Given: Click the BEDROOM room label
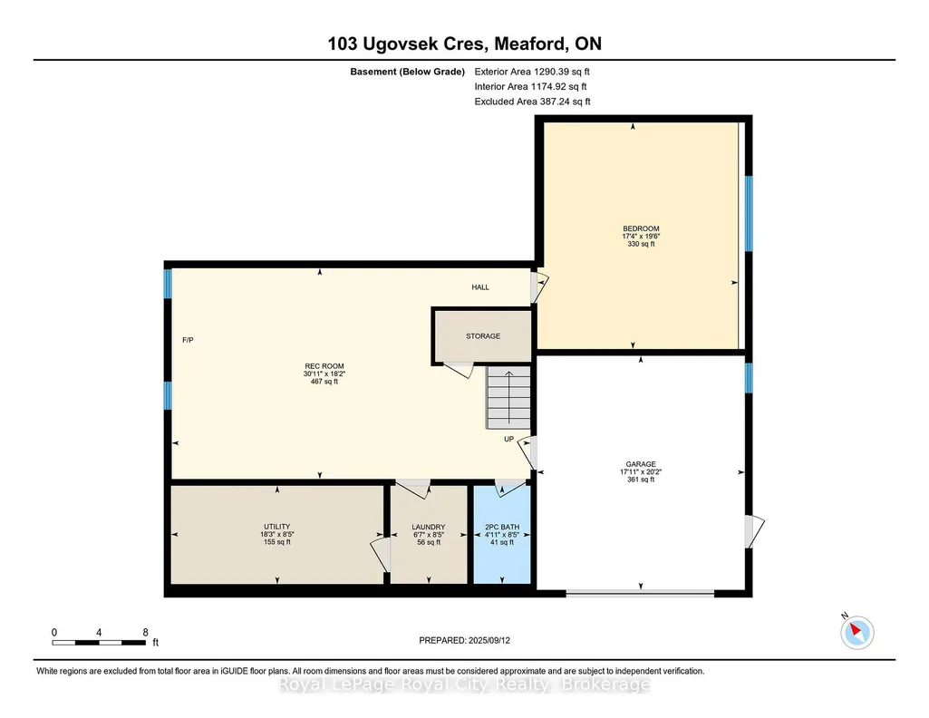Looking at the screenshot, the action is point(641,228).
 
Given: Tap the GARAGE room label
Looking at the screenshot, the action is point(641,464).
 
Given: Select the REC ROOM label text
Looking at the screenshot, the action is point(324,366).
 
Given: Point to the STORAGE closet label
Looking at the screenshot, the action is point(483,336).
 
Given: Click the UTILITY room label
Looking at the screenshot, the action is point(276,527).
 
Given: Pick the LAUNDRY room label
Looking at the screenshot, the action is point(429,527).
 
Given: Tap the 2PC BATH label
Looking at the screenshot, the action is point(502,527).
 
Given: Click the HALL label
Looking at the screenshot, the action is point(480,287).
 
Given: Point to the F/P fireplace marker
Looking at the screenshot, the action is point(188,340).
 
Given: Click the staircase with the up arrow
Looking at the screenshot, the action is point(508,397).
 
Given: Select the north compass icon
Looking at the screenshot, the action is point(856,632).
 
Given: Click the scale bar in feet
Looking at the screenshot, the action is point(99,642).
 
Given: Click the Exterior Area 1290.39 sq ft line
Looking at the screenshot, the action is point(532,72).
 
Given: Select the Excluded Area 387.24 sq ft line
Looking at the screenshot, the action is point(533,102).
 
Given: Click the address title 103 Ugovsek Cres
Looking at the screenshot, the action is point(407,44).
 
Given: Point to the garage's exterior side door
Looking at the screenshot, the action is point(754,531).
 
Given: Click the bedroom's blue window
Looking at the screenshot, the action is point(749,213).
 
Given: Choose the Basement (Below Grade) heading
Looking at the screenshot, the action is point(407,72).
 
